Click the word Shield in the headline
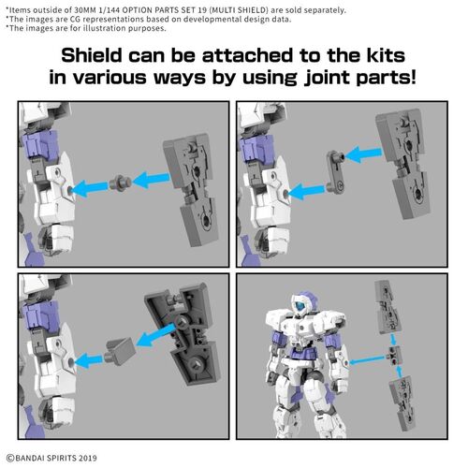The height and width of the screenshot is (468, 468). click(92, 52)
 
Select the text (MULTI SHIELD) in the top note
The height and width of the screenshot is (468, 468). click(211, 10)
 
